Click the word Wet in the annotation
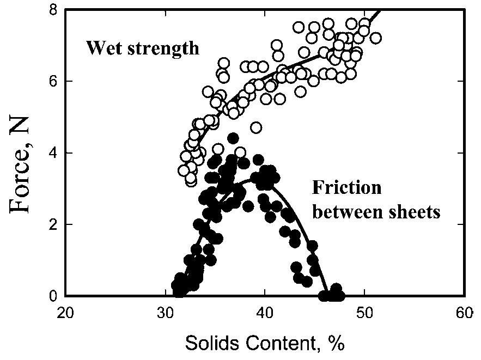(x=101, y=48)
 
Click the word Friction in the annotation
(x=346, y=188)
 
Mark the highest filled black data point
(x=233, y=138)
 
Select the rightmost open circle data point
(x=375, y=38)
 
